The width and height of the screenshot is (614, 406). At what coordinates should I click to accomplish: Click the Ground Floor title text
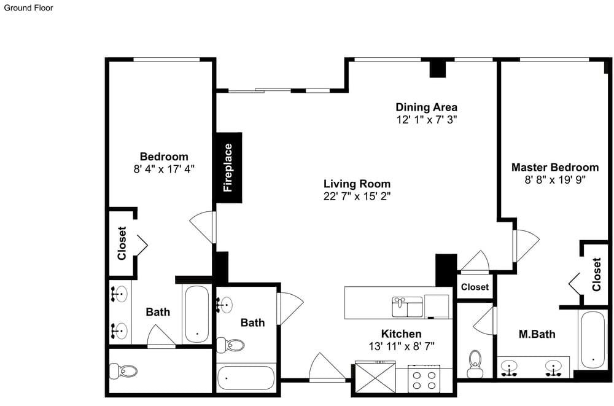click(x=28, y=8)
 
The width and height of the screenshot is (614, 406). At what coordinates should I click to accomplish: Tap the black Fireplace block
click(x=228, y=168)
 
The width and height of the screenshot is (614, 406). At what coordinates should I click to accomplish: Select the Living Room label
click(x=357, y=184)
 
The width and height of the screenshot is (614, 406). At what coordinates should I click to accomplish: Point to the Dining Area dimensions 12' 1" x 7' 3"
click(x=427, y=120)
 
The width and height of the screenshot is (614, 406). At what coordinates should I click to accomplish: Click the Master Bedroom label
click(x=555, y=167)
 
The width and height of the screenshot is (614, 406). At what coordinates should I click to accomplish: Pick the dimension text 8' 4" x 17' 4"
click(x=164, y=170)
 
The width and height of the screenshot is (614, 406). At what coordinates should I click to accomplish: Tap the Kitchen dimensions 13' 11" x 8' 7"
click(x=402, y=346)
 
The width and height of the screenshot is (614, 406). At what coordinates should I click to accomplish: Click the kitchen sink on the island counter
click(x=407, y=307)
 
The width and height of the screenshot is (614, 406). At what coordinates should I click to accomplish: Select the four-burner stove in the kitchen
click(x=424, y=378)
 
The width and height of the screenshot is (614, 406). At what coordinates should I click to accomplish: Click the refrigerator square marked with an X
click(x=375, y=377)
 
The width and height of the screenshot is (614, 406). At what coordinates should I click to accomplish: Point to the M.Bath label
click(x=537, y=334)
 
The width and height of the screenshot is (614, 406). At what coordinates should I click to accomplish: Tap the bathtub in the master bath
click(x=593, y=340)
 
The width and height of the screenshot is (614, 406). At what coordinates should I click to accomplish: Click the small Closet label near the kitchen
click(x=475, y=287)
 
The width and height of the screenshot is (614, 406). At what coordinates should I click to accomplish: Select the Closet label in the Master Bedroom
click(x=596, y=275)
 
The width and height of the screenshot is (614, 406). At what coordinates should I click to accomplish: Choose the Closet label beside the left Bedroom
click(x=122, y=243)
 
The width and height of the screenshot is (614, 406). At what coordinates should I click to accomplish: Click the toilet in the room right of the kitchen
click(x=475, y=364)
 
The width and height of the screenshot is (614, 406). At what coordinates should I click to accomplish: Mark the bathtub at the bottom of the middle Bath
click(x=246, y=378)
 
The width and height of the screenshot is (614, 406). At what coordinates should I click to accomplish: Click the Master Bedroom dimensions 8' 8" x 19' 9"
click(x=555, y=180)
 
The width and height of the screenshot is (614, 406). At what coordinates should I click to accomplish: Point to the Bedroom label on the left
click(x=164, y=157)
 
